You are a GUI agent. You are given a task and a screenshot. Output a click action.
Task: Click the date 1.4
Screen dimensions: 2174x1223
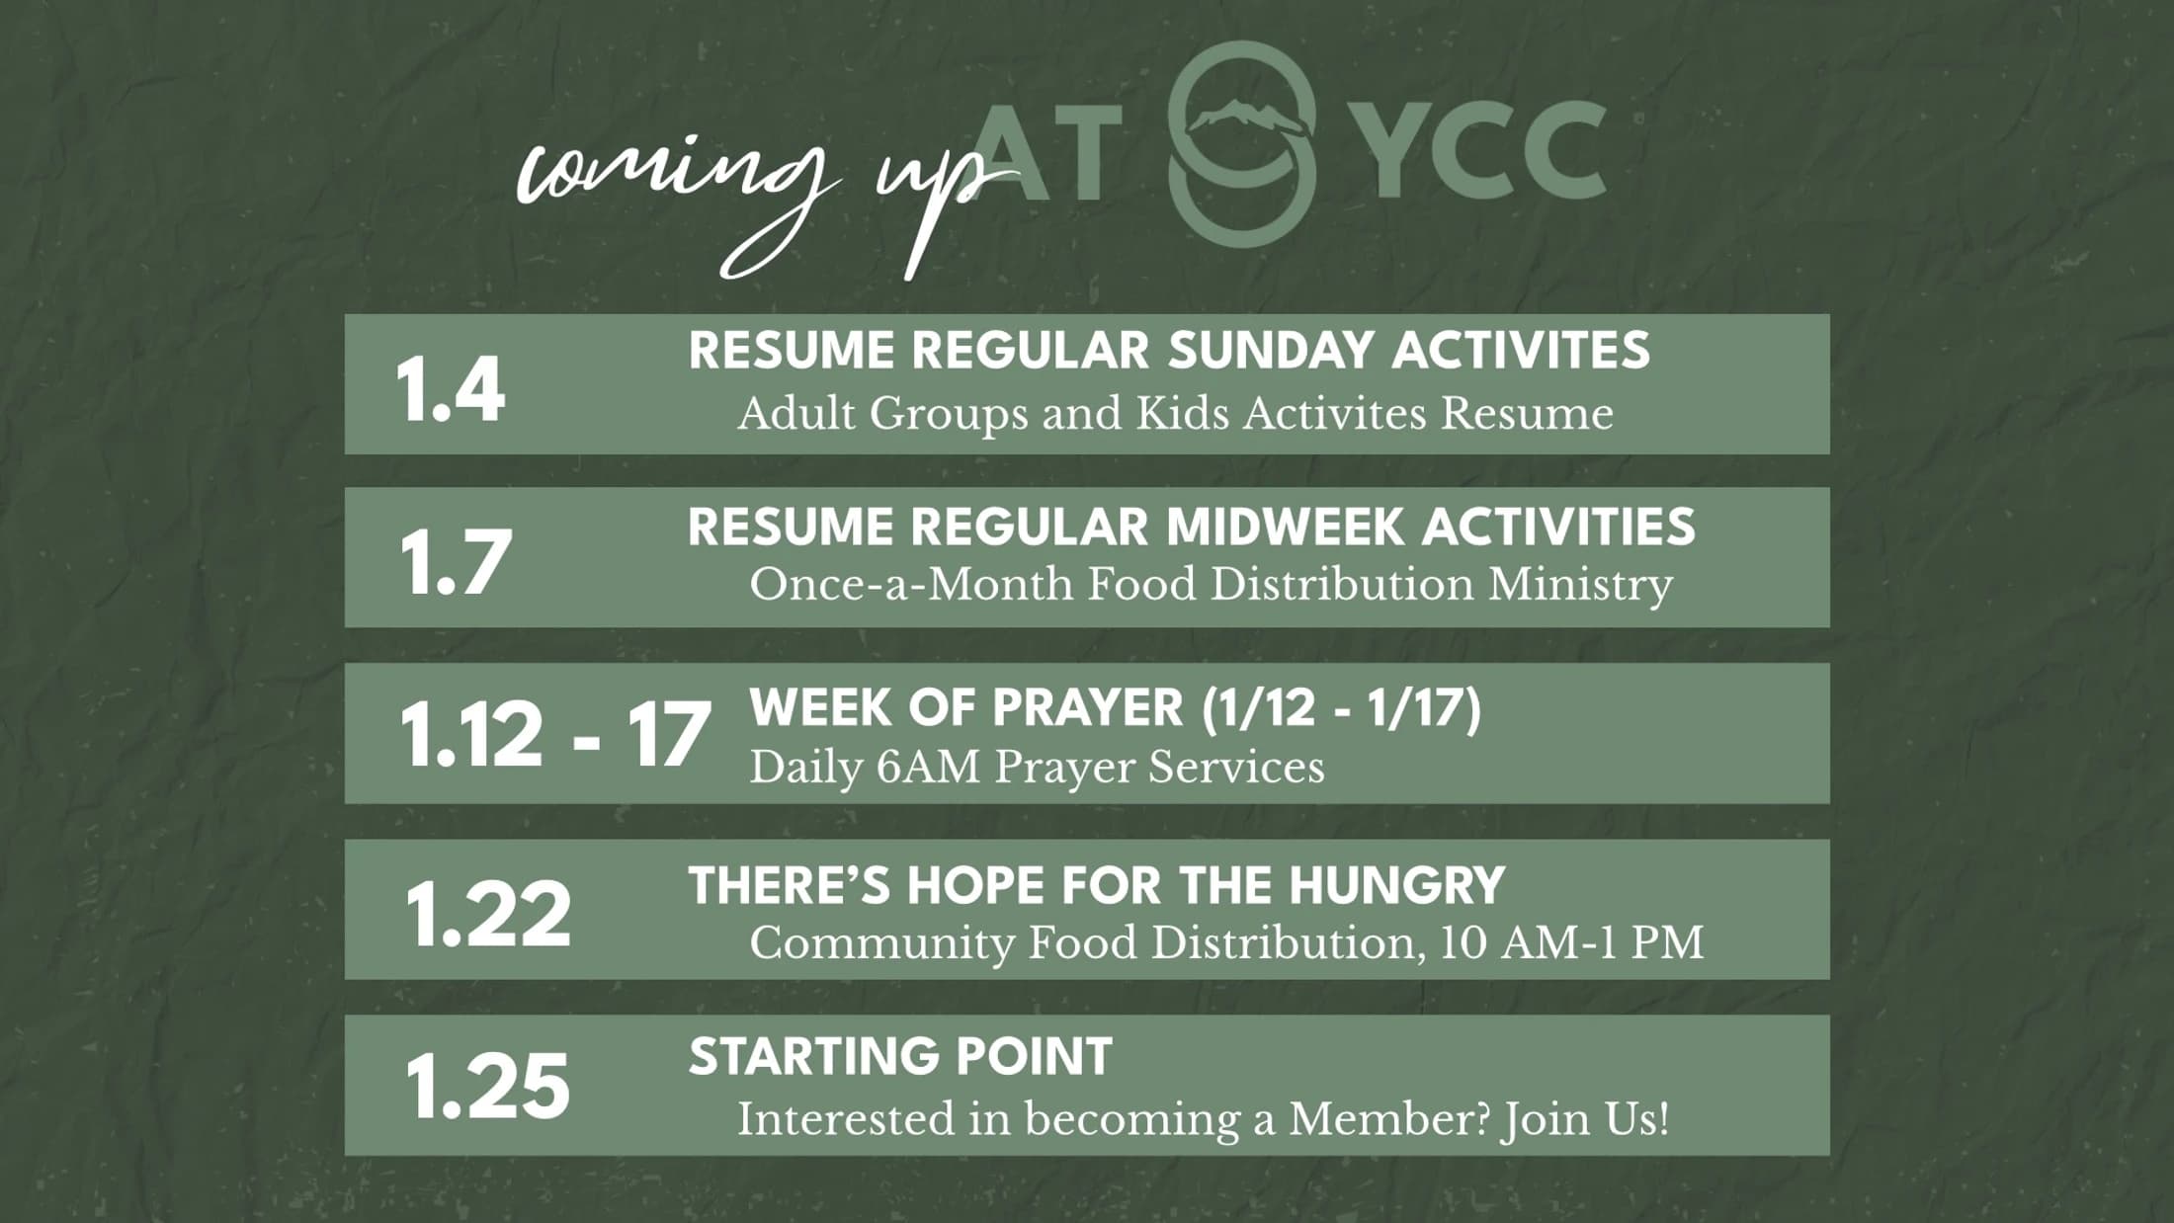click(451, 390)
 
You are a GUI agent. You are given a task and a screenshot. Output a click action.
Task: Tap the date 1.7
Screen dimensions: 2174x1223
click(456, 562)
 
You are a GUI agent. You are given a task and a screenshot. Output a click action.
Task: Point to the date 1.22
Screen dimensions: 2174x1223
click(487, 914)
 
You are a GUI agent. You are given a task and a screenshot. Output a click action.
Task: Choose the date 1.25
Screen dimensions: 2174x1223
click(487, 1087)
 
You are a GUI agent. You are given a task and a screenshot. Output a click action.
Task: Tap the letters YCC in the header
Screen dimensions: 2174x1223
click(1488, 149)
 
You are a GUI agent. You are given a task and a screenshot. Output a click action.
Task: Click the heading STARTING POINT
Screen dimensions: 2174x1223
click(900, 1057)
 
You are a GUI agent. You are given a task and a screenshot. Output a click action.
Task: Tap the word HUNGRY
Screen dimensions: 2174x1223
click(1396, 885)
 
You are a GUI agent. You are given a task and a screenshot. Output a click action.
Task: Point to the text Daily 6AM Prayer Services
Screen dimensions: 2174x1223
click(1037, 768)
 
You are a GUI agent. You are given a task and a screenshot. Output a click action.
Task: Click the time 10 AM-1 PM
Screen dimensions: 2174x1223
click(1571, 942)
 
